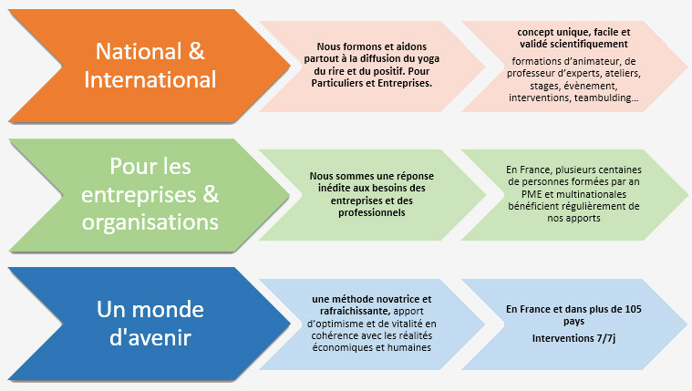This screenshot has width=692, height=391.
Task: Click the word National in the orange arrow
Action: pyautogui.click(x=139, y=51)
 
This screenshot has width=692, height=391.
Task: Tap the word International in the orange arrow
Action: pyautogui.click(x=150, y=79)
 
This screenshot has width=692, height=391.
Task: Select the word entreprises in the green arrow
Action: pyautogui.click(x=139, y=195)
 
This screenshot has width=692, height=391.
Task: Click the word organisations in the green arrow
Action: pyautogui.click(x=150, y=222)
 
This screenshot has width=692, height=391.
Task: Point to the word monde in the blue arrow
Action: pyautogui.click(x=168, y=309)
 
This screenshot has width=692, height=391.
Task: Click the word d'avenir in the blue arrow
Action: pyautogui.click(x=150, y=337)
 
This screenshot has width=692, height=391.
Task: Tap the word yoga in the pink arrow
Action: pyautogui.click(x=429, y=59)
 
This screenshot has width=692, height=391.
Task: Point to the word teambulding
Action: pyautogui.click(x=606, y=98)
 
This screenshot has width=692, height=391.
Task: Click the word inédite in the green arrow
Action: pyautogui.click(x=333, y=188)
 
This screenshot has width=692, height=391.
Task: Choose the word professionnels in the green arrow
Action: pyautogui.click(x=372, y=212)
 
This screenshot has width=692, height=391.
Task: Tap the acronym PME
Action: pyautogui.click(x=531, y=194)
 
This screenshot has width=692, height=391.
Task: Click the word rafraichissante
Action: pyautogui.click(x=356, y=311)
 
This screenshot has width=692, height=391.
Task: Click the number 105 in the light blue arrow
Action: pyautogui.click(x=633, y=309)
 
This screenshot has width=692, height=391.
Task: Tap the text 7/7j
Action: pyautogui.click(x=606, y=338)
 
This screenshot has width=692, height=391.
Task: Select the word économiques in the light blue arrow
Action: pyautogui.click(x=341, y=348)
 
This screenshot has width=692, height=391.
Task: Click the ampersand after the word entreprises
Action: pyautogui.click(x=211, y=194)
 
